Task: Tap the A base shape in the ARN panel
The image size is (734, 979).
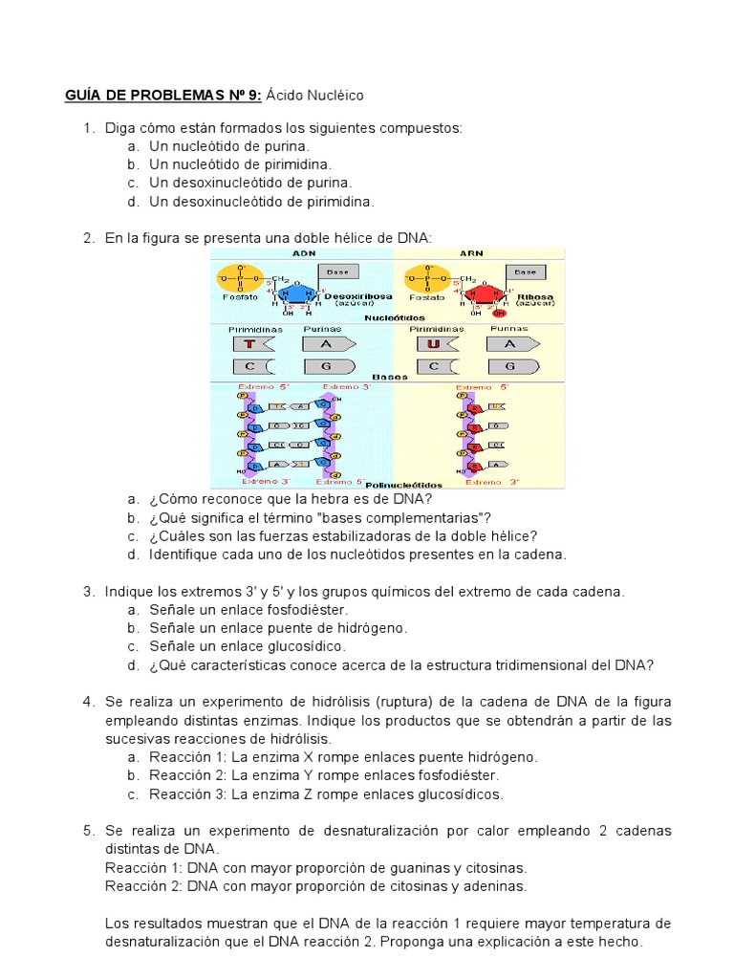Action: pyautogui.click(x=512, y=343)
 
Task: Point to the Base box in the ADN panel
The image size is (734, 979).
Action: pyautogui.click(x=337, y=272)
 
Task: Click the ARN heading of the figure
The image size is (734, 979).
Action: pyautogui.click(x=471, y=253)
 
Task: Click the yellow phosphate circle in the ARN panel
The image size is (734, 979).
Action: pyautogui.click(x=425, y=279)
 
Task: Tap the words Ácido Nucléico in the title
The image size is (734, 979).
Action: pyautogui.click(x=315, y=96)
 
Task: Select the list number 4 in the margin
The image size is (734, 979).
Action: pyautogui.click(x=88, y=703)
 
